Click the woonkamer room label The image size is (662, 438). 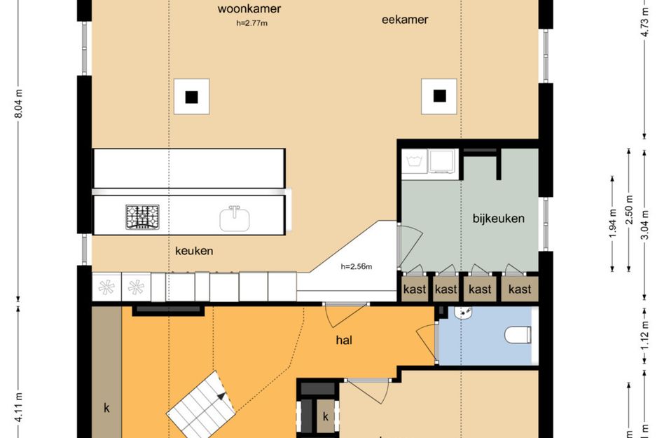(249, 9)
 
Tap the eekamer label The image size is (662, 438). (404, 20)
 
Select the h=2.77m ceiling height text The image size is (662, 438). (252, 23)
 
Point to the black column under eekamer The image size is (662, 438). (439, 96)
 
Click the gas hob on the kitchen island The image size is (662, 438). (142, 217)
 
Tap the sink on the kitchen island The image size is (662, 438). (235, 219)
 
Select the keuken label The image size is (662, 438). (193, 250)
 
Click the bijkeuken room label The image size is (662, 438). (498, 219)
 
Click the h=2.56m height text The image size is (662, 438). (356, 266)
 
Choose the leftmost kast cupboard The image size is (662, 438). (414, 289)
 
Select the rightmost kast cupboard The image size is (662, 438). (519, 289)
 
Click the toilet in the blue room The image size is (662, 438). (517, 335)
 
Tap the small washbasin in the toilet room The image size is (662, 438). (463, 312)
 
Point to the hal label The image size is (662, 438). (343, 341)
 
